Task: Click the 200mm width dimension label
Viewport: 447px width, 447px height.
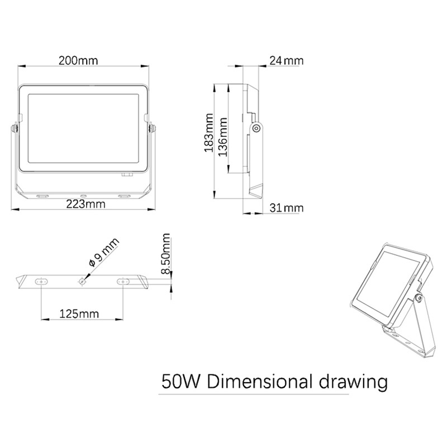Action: (78, 60)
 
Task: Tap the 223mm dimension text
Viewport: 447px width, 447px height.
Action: (85, 204)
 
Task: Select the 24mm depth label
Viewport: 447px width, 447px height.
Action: (286, 60)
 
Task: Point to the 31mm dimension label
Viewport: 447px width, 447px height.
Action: (287, 208)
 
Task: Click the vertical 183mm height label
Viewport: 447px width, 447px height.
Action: (209, 133)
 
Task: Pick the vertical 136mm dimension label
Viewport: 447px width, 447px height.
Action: (222, 137)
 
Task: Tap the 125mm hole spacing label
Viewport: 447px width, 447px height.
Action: (79, 314)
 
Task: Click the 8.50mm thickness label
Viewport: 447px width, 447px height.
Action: (165, 254)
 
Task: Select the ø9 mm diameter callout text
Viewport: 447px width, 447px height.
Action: (104, 252)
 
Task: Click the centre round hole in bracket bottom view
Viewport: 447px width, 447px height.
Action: (82, 282)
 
